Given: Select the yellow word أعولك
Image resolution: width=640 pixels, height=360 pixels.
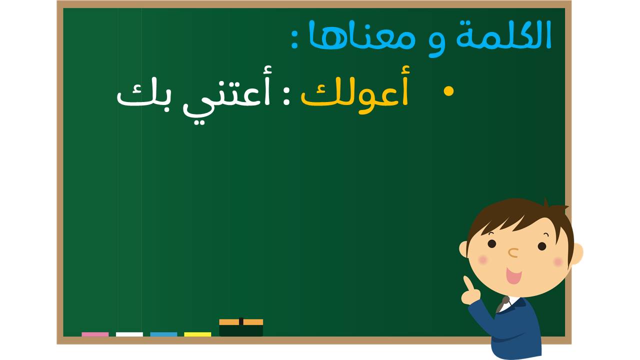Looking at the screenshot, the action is coord(355,89).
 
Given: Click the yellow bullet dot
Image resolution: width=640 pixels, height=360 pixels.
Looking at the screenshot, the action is coord(448,91).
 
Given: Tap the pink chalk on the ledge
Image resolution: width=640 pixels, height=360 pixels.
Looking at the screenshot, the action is coord(95,334).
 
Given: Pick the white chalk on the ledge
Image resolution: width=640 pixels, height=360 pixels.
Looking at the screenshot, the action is coord(129,334).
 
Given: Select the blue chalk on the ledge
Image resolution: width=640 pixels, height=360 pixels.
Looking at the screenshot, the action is coord(163,334).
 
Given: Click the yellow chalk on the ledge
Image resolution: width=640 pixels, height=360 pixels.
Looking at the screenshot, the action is coord(197,334).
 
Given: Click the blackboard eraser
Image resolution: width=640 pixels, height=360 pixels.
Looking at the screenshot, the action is coord(241,327).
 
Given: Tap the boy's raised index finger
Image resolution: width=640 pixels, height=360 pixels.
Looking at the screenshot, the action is coord(468,283).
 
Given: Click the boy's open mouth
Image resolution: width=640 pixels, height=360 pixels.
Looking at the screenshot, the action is coord(513,275).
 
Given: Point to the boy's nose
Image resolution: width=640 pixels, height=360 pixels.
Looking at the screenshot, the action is coord(513,252).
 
